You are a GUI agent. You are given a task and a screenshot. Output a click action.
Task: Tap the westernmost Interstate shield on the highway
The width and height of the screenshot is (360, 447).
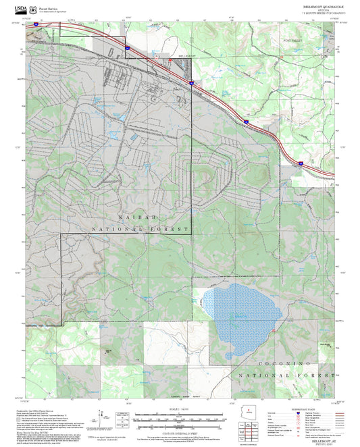click(x=34, y=24)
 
